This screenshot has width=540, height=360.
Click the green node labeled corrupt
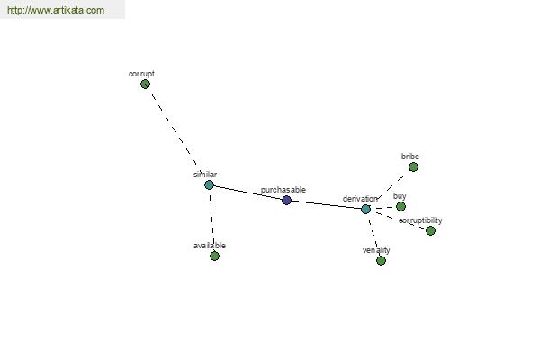[145, 84]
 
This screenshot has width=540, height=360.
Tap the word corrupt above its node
[141, 74]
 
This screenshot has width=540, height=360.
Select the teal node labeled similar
[209, 185]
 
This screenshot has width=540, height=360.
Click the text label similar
[205, 175]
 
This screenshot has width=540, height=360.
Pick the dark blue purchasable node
[286, 200]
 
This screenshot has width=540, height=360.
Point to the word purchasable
[283, 190]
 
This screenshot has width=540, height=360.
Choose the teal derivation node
[365, 209]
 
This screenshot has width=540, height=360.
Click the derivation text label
[360, 199]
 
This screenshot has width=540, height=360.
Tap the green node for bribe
[413, 167]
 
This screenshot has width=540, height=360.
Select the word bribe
[410, 157]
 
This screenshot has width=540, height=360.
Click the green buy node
[400, 207]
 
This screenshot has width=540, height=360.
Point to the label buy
[400, 196]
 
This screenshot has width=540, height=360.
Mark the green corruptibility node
[430, 230]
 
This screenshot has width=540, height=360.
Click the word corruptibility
[420, 220]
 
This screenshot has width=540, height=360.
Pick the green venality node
[381, 260]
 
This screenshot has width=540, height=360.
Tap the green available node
[214, 256]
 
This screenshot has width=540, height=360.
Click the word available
[210, 246]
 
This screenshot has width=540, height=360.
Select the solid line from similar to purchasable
[248, 193]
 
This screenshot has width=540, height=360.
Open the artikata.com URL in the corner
[56, 10]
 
